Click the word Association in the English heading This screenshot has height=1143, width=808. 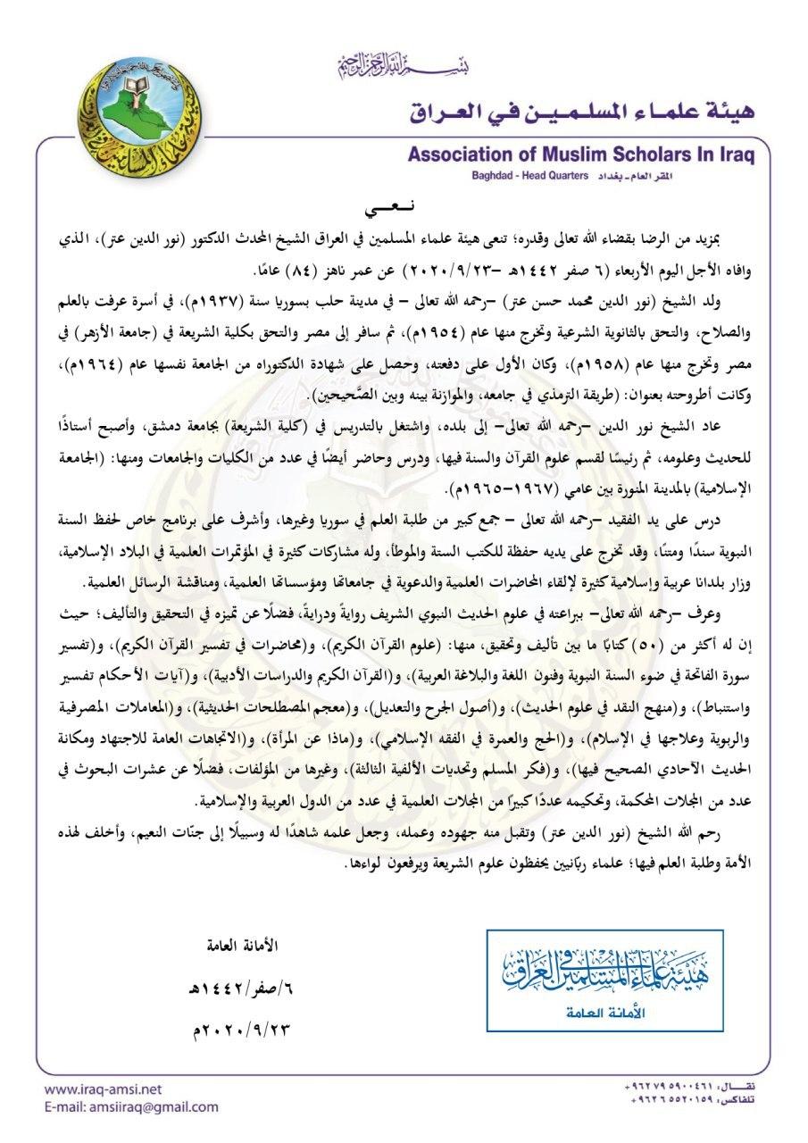tap(464, 155)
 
